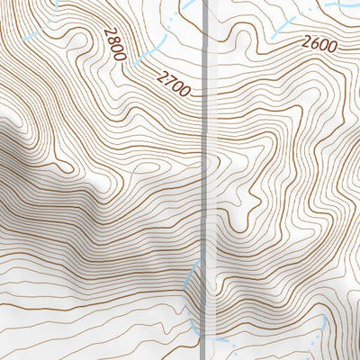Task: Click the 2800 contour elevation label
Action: [113, 43]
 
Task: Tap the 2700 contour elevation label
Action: [174, 84]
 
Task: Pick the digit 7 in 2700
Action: [168, 80]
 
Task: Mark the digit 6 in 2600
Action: [314, 43]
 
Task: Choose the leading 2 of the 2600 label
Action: [307, 44]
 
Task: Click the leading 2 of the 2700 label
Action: [162, 76]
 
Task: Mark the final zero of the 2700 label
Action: [185, 91]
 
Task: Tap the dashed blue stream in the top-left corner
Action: [31, 36]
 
